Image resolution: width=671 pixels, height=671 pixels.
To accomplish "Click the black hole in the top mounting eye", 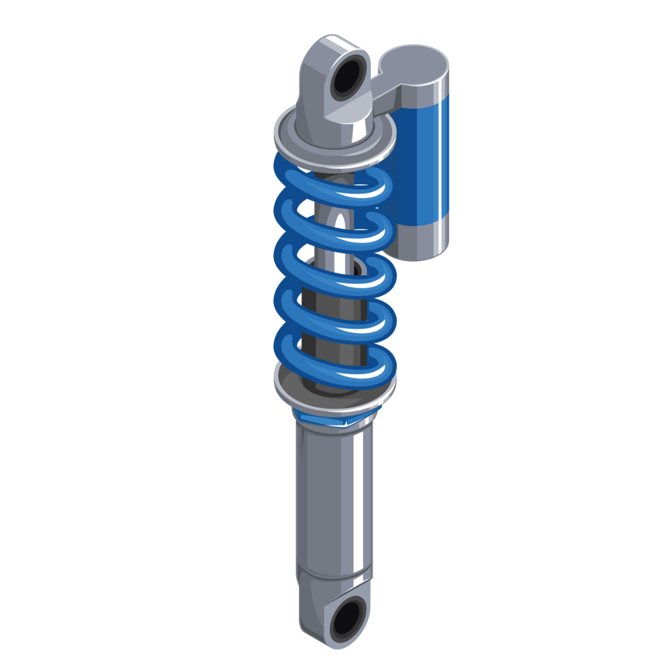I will [346, 76].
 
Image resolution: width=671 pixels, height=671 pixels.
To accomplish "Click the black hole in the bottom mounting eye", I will [346, 618].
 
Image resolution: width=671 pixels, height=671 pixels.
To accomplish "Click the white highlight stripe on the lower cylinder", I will [358, 497].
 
